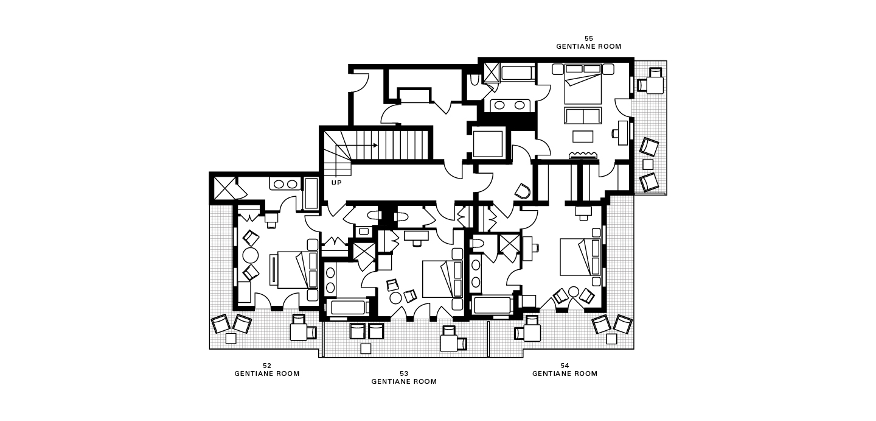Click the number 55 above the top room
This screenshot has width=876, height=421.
pos(589,38)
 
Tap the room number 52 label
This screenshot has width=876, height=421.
pos(266,366)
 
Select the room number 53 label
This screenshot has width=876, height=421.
pos(404,373)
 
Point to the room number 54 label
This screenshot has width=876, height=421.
pos(565,366)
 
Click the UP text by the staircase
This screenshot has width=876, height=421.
pos(336,183)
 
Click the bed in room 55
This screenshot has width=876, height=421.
pos(583,84)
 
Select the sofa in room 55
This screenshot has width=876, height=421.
pos(583,116)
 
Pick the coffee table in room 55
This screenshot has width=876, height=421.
pos(583,136)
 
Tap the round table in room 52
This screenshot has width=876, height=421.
pos(250,256)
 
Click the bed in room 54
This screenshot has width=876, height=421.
pos(580,257)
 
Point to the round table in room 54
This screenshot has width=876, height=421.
pos(573,292)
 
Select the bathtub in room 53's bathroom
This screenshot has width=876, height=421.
pos(348,307)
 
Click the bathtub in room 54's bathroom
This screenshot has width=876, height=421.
pos(493,305)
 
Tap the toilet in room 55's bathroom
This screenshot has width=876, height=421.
pos(474,80)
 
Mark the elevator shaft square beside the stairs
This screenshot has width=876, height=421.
pos(488,144)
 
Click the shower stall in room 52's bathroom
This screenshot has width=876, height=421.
pos(225,188)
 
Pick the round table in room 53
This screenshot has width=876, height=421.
pos(396,298)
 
